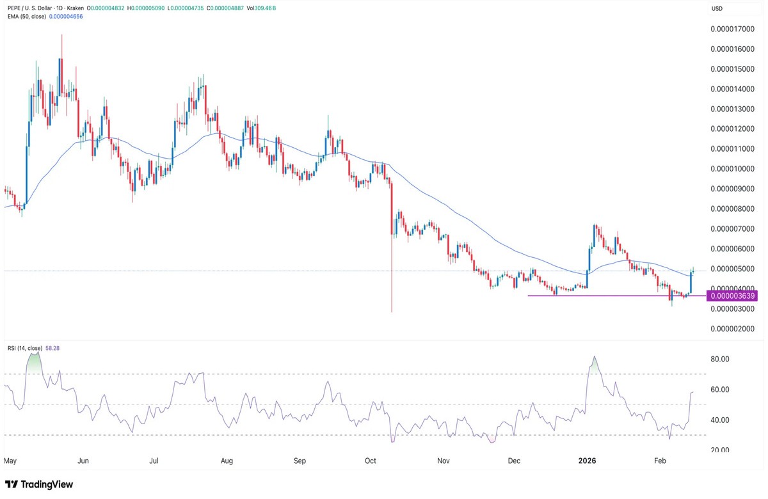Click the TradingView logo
pos(39,484)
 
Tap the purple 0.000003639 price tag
pos(731,296)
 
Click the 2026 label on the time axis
pos(588,460)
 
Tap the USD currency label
pos(717,8)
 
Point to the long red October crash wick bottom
pos(391,311)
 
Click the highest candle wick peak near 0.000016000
pos(62,36)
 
